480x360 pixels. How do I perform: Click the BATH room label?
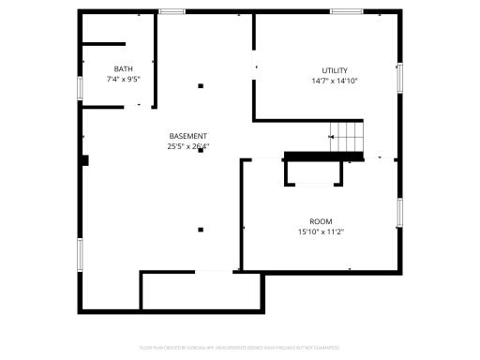tap(123, 69)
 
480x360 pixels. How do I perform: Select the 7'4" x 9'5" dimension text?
tap(123, 80)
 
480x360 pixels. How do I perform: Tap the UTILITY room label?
tap(335, 70)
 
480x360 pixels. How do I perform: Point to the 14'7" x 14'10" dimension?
tap(335, 81)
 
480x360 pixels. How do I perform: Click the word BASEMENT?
tap(188, 136)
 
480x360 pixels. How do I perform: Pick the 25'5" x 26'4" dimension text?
tap(188, 146)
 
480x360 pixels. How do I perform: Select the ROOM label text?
tap(321, 221)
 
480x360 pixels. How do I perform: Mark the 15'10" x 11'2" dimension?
tap(321, 232)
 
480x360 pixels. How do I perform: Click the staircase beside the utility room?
tap(348, 137)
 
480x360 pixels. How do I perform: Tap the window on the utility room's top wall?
tap(346, 11)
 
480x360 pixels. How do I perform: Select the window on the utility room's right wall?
tap(399, 78)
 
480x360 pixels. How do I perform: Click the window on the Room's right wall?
tap(399, 213)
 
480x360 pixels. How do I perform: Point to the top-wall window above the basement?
tap(171, 11)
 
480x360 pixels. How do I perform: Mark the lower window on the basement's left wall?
tap(79, 252)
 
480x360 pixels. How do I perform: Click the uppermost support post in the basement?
tap(200, 86)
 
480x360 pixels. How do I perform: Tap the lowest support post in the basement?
tap(200, 228)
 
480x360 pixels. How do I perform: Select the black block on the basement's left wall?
tap(84, 160)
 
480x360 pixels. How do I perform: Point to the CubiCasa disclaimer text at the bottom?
tap(240, 348)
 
